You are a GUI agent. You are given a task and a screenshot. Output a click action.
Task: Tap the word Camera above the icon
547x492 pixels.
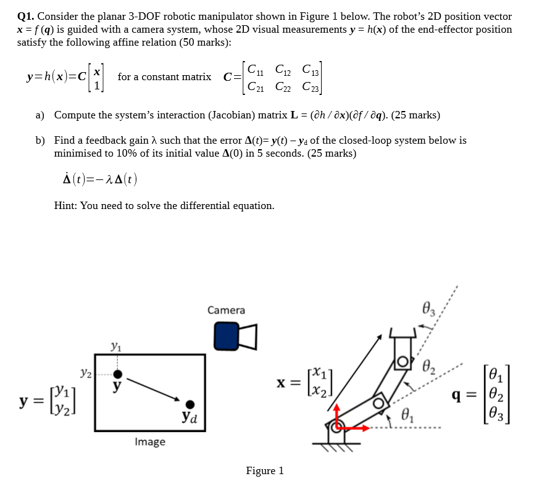pyautogui.click(x=226, y=310)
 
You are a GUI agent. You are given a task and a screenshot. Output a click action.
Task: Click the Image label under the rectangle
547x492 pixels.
pyautogui.click(x=150, y=441)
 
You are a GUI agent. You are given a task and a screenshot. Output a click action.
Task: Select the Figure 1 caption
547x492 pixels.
pyautogui.click(x=265, y=471)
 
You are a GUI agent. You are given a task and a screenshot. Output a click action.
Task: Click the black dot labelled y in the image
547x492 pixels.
pyautogui.click(x=118, y=374)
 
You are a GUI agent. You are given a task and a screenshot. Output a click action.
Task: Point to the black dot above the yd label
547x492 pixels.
pyautogui.click(x=190, y=404)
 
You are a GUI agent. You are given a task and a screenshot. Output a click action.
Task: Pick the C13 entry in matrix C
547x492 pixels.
pyautogui.click(x=311, y=70)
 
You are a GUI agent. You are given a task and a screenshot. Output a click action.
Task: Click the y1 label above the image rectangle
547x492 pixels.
pyautogui.click(x=116, y=348)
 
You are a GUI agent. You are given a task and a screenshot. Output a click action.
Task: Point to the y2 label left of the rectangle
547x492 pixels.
pyautogui.click(x=86, y=373)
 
